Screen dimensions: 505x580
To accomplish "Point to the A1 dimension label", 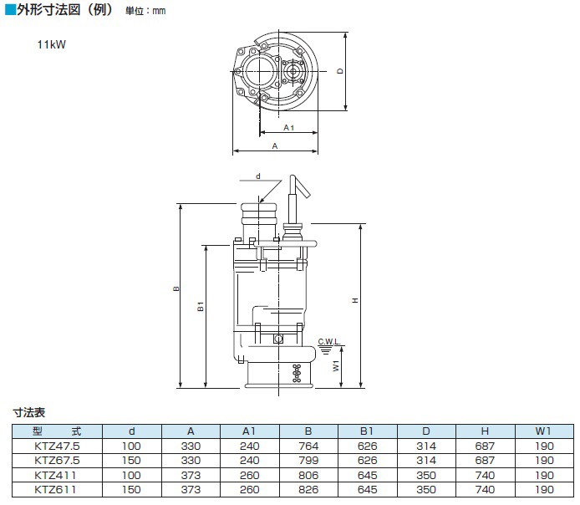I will click(287, 127).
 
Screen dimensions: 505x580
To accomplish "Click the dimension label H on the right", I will click(357, 302).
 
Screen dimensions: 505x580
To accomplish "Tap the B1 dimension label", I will click(201, 308).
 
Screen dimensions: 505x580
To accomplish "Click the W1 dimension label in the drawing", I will click(335, 366).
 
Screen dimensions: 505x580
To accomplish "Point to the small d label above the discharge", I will click(258, 176).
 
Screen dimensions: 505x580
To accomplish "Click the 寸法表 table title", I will click(28, 413).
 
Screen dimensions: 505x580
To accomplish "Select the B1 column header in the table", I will click(366, 432).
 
